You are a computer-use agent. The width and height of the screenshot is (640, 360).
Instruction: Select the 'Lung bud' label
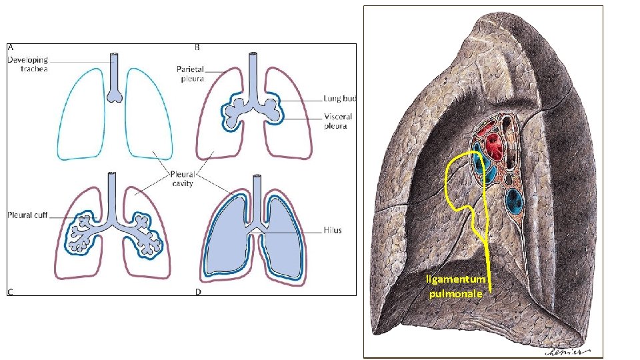(x=340, y=99)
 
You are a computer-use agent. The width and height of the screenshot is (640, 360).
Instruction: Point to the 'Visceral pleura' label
(x=338, y=121)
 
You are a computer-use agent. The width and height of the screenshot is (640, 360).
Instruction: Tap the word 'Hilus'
(x=332, y=230)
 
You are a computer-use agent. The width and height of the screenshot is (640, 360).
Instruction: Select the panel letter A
(x=11, y=48)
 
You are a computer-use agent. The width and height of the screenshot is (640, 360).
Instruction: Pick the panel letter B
(x=197, y=48)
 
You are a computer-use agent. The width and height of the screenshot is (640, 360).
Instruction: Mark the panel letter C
(x=11, y=291)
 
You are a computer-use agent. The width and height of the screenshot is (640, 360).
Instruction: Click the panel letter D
(x=197, y=291)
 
